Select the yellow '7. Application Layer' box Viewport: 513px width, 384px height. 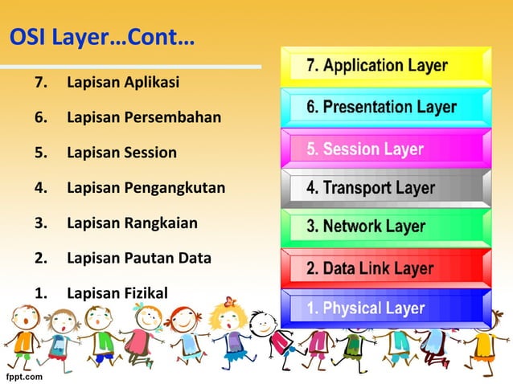tap(384, 66)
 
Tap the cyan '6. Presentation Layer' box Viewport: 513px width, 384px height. tap(384, 107)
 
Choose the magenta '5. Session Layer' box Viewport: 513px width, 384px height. tap(384, 149)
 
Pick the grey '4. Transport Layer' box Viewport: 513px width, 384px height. tap(384, 189)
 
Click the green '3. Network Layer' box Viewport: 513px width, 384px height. tap(384, 227)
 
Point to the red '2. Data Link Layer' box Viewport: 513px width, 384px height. tap(384, 268)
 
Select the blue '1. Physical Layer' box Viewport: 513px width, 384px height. tap(384, 308)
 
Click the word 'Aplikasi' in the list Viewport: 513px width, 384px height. tap(152, 83)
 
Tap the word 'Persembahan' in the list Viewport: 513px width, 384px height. tap(172, 118)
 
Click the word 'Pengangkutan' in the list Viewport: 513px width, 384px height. tap(174, 188)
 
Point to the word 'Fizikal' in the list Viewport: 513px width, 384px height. tap(146, 293)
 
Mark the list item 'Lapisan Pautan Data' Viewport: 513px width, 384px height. tap(139, 258)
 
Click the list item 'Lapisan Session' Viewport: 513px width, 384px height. tap(121, 153)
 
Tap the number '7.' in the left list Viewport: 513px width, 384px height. tap(39, 83)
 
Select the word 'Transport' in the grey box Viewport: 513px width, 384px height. tap(361, 189)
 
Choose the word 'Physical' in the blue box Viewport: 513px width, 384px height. tap(351, 308)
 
